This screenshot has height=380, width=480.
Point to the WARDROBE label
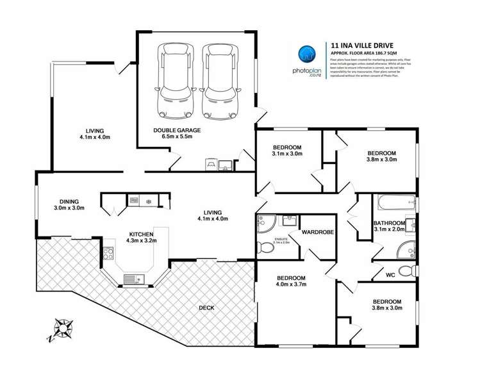coord(318,232)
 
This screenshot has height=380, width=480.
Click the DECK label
coord(206,308)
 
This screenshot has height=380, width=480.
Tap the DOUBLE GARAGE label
coord(176,130)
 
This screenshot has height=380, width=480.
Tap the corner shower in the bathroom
coord(406,249)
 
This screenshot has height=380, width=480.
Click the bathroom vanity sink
coord(409,224)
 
